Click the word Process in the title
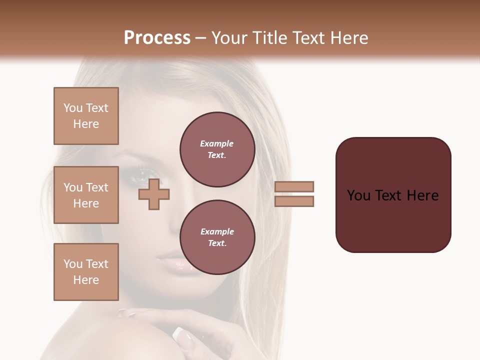click(x=157, y=38)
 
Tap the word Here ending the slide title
click(x=348, y=38)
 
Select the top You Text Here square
click(x=86, y=116)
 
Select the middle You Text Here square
click(x=86, y=195)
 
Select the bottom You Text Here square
click(x=86, y=272)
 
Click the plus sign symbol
click(x=154, y=194)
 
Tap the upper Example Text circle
click(x=217, y=149)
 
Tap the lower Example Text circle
click(x=217, y=237)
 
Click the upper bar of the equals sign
click(x=294, y=186)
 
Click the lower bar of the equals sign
click(x=294, y=201)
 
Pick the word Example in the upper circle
click(x=216, y=143)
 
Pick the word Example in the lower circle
click(x=217, y=231)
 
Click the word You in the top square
click(x=72, y=108)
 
